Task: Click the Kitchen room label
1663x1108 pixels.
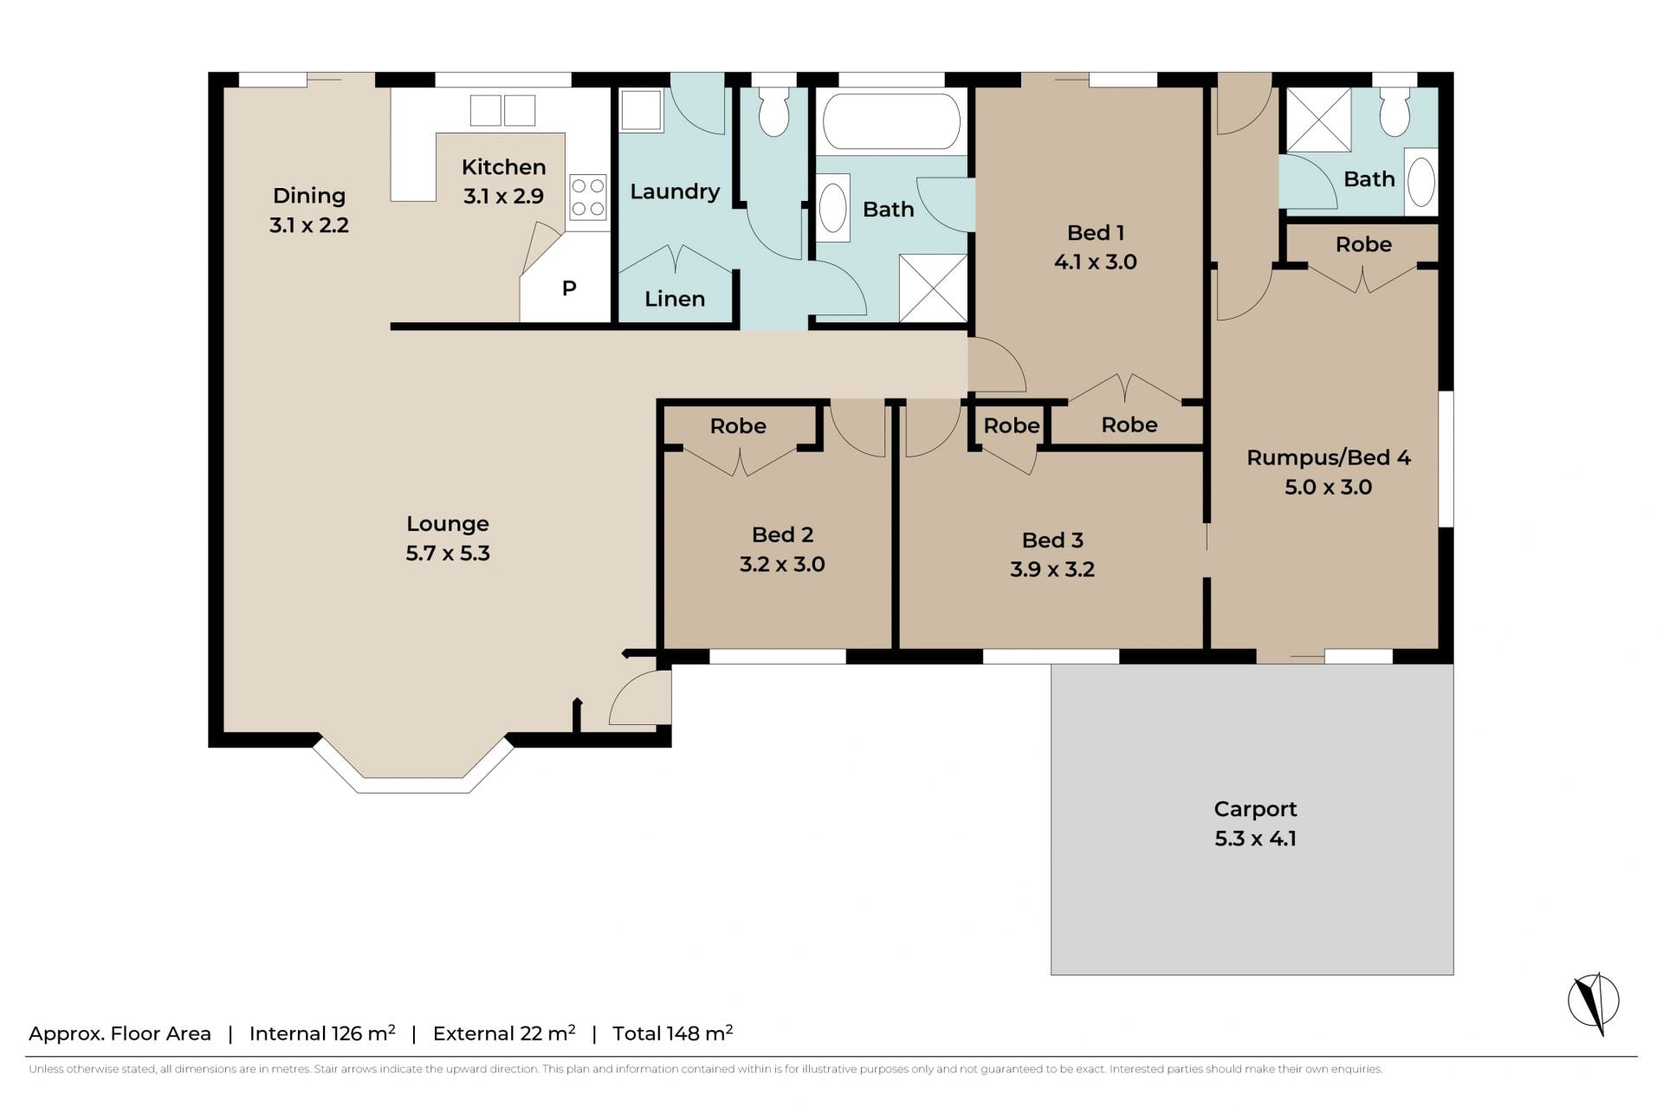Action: pos(503,167)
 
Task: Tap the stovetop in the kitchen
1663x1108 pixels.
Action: pos(587,198)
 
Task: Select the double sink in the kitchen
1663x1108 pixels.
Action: pos(502,111)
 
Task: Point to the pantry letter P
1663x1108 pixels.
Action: pos(569,288)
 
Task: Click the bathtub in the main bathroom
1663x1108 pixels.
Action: pos(891,121)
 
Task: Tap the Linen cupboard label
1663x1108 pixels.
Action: pos(675,299)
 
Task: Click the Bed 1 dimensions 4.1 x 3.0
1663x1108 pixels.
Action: pos(1096,262)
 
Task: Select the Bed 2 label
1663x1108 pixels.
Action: pos(782,535)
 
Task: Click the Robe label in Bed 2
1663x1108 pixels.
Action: pos(738,425)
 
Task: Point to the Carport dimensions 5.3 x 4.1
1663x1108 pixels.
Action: pos(1255,839)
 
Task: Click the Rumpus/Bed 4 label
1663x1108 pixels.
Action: pos(1329,457)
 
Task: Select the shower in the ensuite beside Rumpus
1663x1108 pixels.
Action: pos(1318,120)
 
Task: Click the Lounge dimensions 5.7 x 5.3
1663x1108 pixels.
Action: pos(448,553)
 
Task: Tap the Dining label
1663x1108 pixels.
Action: pos(309,196)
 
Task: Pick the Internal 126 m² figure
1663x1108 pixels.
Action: pos(322,1033)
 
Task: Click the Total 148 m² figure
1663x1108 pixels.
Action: pos(673,1033)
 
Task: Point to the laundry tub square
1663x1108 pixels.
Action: pos(641,110)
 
